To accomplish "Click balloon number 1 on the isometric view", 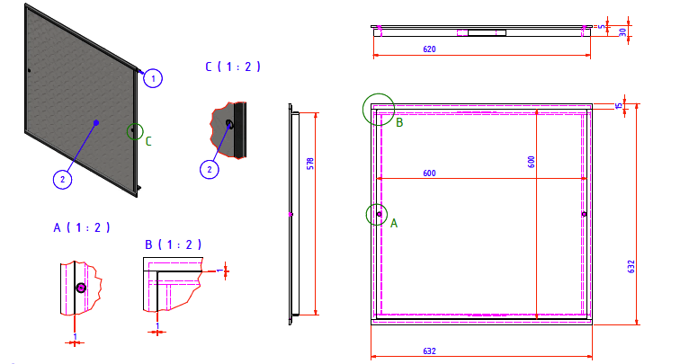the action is coord(153,78).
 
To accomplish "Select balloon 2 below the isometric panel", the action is coord(62,180).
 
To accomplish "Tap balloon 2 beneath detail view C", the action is coord(210,169).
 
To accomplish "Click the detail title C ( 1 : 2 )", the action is coord(233,67).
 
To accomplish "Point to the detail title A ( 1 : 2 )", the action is coord(82,227).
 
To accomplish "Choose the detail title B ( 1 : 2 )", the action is coord(173,244).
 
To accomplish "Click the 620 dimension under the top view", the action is coord(429,49).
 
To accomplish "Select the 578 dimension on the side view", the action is coord(310,164).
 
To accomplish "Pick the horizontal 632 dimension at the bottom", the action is coord(429,351).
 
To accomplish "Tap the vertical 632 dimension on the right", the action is coord(631,267).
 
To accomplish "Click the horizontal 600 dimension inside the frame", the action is coord(429,173).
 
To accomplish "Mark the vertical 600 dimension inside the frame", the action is coord(532,162).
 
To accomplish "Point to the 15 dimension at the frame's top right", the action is coord(619,105).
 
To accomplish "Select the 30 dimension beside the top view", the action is coord(622,32).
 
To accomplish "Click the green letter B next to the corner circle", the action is coord(399,122).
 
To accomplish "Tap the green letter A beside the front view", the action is coord(394,223).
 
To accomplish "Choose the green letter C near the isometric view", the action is coord(148,141).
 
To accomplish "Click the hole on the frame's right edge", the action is coord(584,214).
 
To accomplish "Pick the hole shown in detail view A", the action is coord(81,288).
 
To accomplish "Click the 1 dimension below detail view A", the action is coord(75,336).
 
